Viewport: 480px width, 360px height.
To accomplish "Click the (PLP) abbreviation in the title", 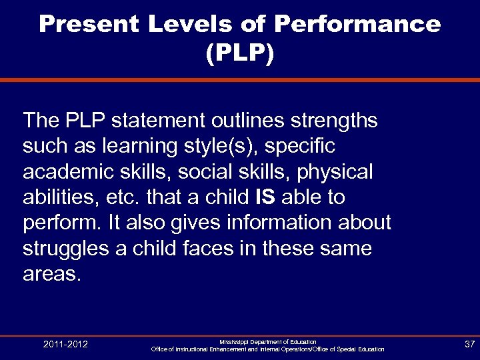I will pyautogui.click(x=240, y=54).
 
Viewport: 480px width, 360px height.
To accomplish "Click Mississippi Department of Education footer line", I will pyautogui.click(x=268, y=341).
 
